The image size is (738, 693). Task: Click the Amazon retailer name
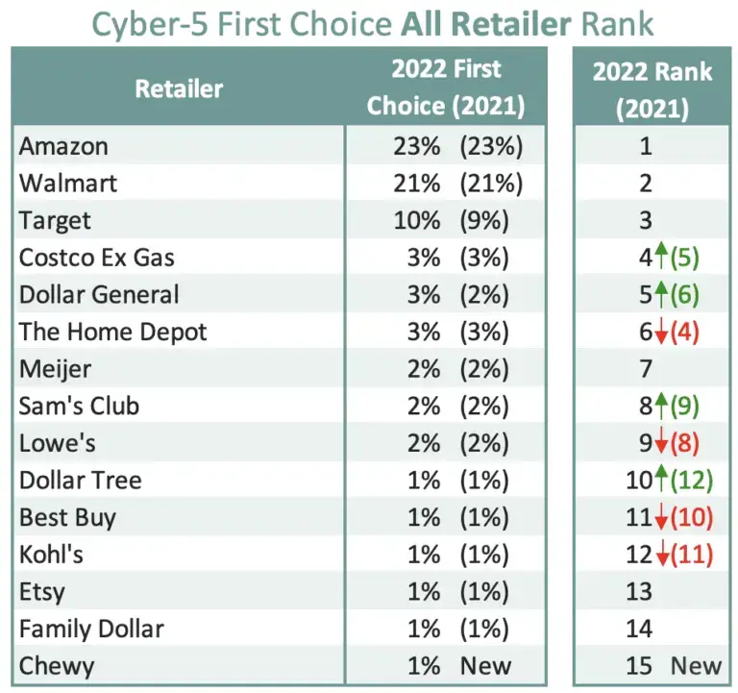coord(63,147)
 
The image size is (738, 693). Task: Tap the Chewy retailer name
coord(56,665)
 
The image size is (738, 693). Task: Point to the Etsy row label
coord(43,591)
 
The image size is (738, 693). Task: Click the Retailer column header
coord(179,89)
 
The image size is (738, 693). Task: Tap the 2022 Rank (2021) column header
coord(652,89)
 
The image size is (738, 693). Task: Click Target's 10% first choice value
coord(416,221)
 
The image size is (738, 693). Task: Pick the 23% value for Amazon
coord(416,147)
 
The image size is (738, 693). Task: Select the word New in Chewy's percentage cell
coord(485,665)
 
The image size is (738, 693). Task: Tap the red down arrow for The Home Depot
coord(661,334)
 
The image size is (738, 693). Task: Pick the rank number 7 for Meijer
coord(645,369)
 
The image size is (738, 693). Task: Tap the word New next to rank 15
coord(696,665)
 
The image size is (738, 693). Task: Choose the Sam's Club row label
coord(79,406)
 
